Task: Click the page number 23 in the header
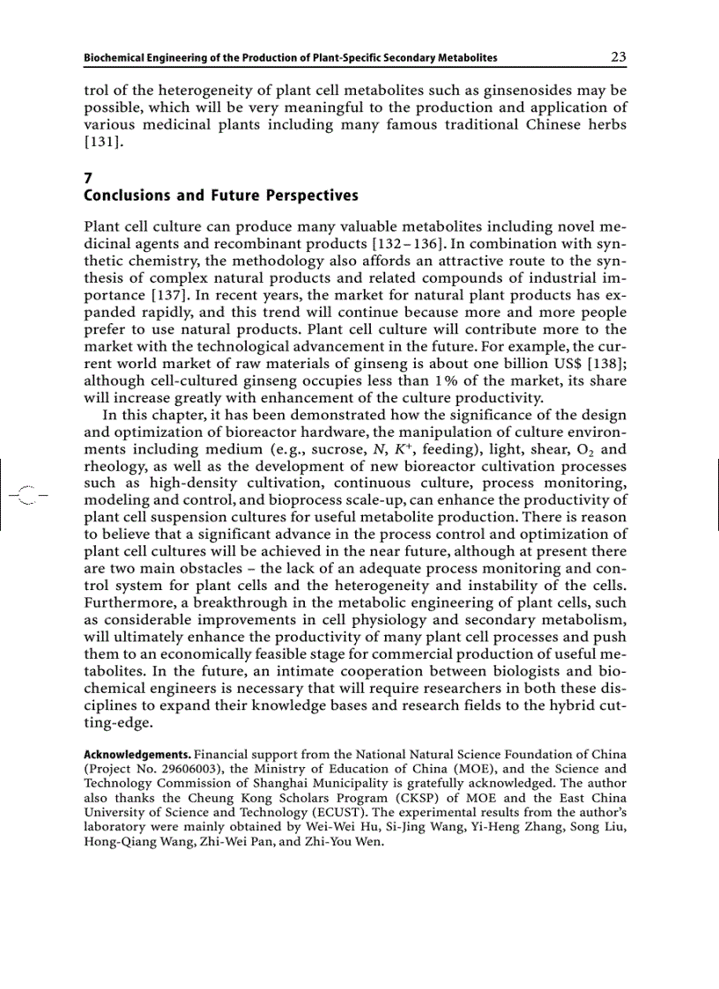pyautogui.click(x=618, y=57)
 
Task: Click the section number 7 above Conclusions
pyautogui.click(x=87, y=176)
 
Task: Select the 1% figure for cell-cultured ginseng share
pyautogui.click(x=445, y=380)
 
